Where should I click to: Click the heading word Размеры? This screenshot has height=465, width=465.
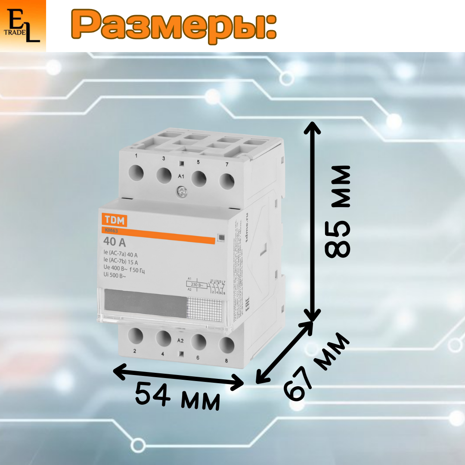point(172,26)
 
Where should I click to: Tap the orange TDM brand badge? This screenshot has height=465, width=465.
point(114,221)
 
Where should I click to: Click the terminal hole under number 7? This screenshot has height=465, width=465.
point(227,181)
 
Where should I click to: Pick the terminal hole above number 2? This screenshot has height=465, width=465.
point(136,335)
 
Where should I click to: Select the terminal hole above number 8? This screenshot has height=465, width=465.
point(226,344)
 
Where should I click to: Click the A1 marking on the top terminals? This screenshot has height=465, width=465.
point(182,177)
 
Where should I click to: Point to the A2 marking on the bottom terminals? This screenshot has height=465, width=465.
point(181,340)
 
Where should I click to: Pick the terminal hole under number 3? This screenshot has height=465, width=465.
point(164,175)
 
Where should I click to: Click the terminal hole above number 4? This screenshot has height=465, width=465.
point(164,338)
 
